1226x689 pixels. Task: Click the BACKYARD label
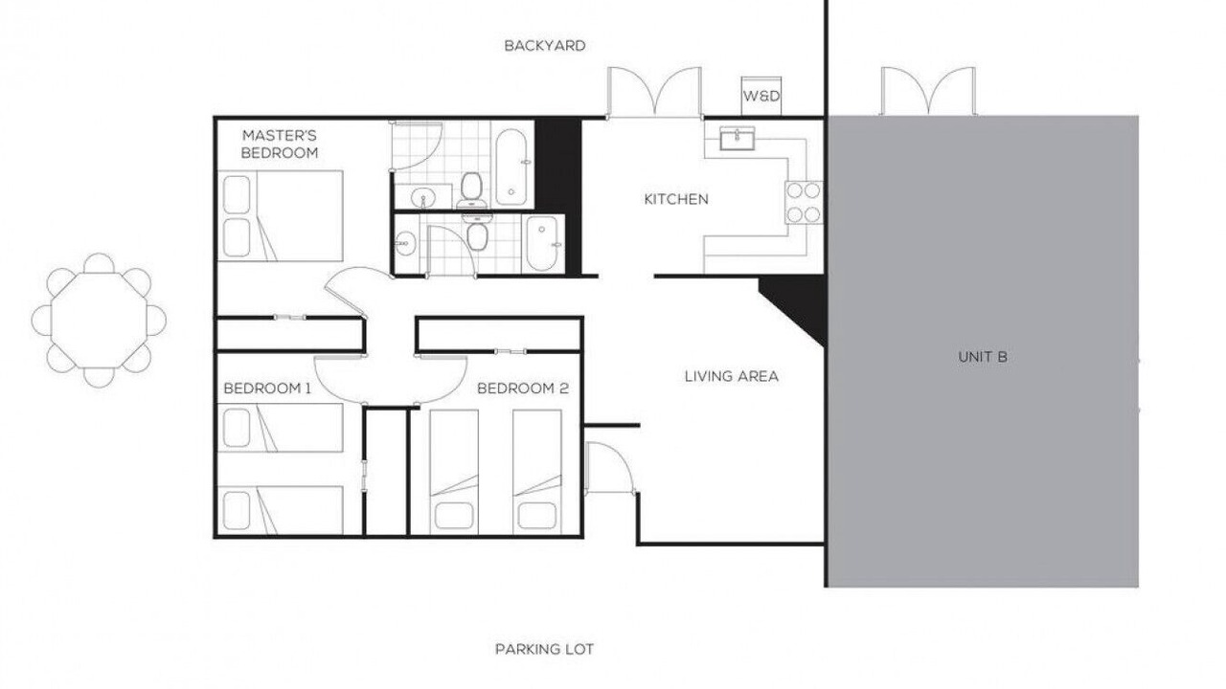coord(545,45)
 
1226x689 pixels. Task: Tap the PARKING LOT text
coord(544,649)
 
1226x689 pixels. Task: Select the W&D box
coord(761,97)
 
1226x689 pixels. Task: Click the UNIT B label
coord(983,357)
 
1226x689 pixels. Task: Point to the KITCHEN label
coord(676,199)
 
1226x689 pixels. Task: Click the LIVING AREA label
coord(731,376)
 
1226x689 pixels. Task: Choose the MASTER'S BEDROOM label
coord(279,144)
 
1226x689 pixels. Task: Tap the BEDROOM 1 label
coord(267,389)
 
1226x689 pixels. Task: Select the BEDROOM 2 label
coord(523,389)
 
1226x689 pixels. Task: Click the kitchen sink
coord(738,139)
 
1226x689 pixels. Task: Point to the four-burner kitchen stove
coord(804,202)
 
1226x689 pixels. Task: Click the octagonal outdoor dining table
coord(99,320)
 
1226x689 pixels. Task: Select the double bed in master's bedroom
coord(281,215)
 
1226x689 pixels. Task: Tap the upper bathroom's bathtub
coord(511,167)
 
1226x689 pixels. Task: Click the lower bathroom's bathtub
coord(543,244)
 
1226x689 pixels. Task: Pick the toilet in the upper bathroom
coord(470,190)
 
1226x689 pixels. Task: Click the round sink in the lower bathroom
coord(405,241)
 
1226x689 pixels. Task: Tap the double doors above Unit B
coord(928,91)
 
